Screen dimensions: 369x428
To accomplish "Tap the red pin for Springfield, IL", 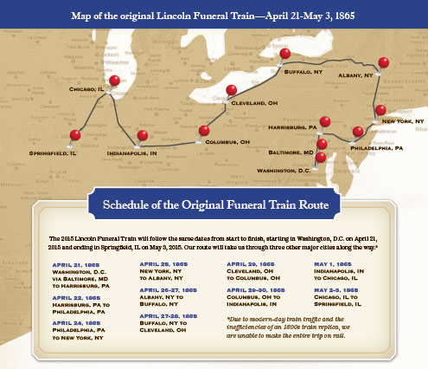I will pos(75,135).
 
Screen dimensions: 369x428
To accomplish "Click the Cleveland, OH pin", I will pos(231,90).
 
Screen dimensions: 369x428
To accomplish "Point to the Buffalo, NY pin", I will pos(285,55).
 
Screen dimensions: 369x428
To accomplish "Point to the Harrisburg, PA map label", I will pos(284,127).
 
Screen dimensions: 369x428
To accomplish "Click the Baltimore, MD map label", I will pos(285,152).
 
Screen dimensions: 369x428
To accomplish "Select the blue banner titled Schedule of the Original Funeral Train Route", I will pos(214,205).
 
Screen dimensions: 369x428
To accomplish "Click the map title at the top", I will pos(214,15).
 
